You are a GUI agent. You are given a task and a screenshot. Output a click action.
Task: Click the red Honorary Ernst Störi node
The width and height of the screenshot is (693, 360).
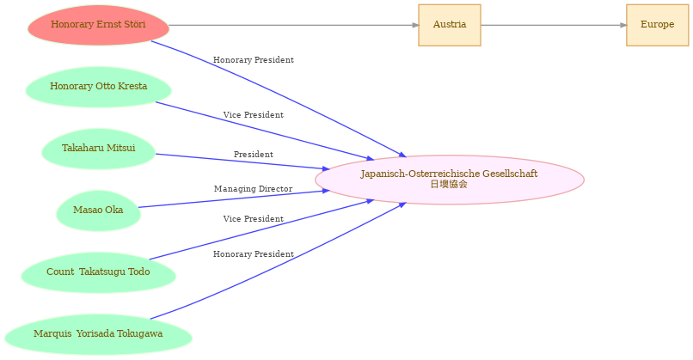point(98,25)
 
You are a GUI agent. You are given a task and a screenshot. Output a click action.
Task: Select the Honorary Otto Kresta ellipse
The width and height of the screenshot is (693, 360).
point(98,87)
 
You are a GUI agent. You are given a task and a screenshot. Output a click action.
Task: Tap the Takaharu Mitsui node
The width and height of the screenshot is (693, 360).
point(98,149)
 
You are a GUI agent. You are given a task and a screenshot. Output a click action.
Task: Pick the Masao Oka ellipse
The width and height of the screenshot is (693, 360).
point(98,211)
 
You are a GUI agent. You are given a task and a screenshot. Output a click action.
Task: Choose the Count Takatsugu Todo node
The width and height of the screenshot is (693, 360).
point(98,272)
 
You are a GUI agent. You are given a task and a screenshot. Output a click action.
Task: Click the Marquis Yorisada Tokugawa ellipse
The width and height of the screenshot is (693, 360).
point(98,334)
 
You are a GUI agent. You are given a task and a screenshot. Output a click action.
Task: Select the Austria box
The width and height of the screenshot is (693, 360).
point(450,25)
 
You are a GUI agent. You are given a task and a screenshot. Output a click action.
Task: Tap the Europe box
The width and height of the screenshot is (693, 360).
point(657,25)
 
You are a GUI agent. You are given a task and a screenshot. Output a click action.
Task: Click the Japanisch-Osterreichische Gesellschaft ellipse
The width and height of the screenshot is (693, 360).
point(450,180)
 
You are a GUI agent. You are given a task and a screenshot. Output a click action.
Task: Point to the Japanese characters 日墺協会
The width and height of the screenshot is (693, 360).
point(449,184)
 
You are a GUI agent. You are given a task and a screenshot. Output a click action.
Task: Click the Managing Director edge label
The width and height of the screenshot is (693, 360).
point(254,189)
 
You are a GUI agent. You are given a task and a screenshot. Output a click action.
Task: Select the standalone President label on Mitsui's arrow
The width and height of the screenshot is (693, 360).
point(254,155)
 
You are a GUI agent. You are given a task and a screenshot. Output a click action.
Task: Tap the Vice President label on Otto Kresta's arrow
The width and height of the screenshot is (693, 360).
point(254,115)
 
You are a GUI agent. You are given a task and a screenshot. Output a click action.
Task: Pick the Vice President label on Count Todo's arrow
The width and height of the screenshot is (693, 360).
point(254,219)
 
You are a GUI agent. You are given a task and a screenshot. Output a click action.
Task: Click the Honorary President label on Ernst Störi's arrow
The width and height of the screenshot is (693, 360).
point(254,60)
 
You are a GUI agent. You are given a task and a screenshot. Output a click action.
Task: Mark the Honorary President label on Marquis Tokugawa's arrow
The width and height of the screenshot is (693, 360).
point(254,254)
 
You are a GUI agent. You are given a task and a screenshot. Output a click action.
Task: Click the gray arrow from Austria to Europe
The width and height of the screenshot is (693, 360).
point(554,25)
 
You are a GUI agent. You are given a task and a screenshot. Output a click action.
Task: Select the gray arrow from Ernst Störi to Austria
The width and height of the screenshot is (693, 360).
point(294,25)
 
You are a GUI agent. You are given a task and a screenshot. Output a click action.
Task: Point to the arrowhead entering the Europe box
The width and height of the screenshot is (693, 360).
point(623,25)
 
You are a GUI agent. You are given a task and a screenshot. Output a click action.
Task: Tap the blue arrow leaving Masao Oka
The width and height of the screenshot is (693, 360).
point(234,198)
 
